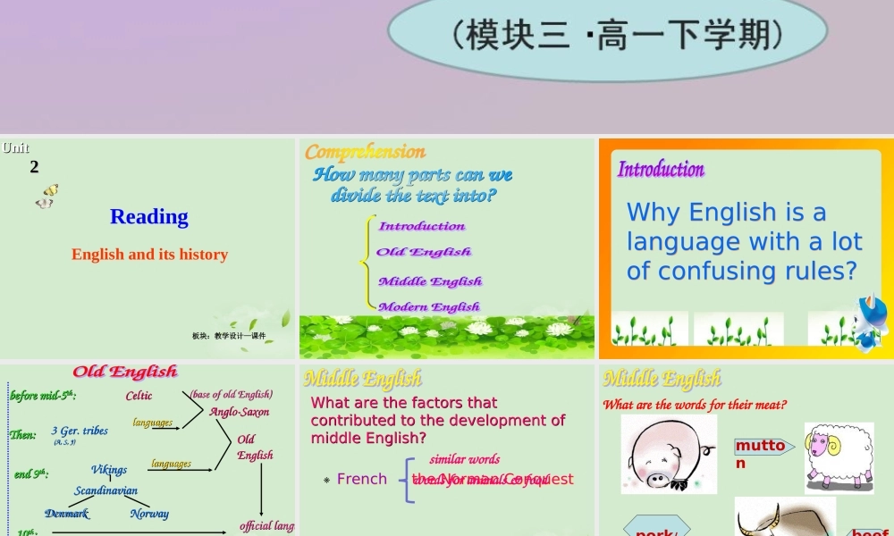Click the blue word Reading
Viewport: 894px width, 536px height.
click(x=149, y=216)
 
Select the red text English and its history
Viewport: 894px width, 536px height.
click(x=150, y=255)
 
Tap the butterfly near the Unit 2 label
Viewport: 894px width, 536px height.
click(x=46, y=197)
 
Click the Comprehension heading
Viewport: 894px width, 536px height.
click(x=365, y=151)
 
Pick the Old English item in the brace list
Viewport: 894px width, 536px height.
click(x=424, y=252)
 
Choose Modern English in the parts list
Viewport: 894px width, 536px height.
click(x=429, y=306)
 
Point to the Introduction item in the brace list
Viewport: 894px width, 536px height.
click(x=422, y=226)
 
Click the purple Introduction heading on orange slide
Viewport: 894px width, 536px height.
click(x=661, y=169)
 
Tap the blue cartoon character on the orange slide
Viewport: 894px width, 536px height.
click(x=872, y=322)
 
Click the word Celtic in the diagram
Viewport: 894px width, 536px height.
click(x=139, y=396)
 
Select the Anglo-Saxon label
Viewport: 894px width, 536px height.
click(x=240, y=412)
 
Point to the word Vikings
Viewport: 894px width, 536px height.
click(x=109, y=469)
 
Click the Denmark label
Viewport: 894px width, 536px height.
click(x=67, y=514)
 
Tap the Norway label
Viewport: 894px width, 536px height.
click(x=149, y=514)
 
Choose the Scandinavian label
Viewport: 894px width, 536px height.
click(x=105, y=490)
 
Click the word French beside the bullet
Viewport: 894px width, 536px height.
click(x=362, y=480)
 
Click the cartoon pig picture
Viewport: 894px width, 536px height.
click(x=669, y=454)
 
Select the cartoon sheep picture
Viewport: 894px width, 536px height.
click(x=839, y=457)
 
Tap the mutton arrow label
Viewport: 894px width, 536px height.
click(x=762, y=453)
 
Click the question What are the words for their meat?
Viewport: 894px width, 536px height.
click(x=695, y=405)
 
